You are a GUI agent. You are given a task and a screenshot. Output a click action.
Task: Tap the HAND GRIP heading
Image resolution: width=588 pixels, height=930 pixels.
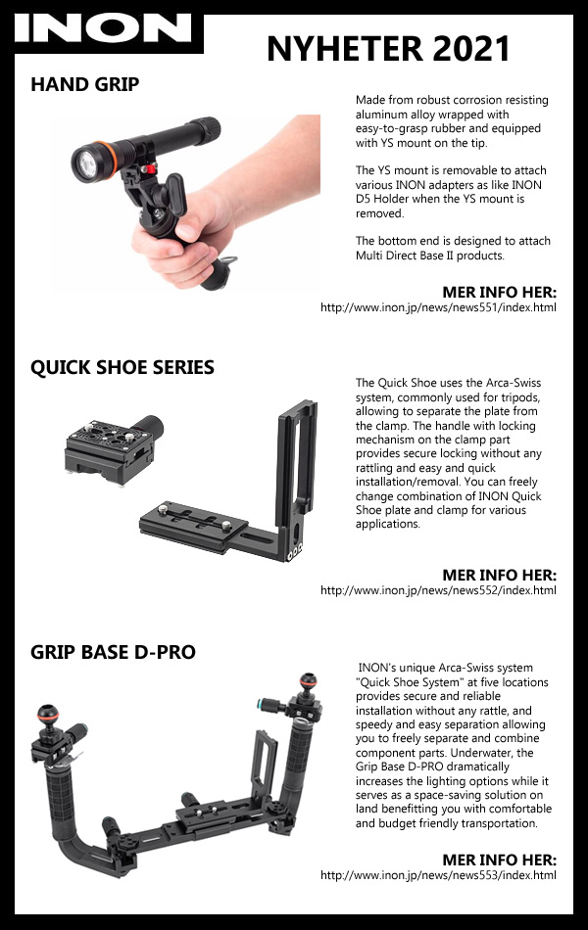point(85,84)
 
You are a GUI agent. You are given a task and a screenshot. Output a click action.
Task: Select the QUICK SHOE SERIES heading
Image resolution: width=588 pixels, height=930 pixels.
point(122,367)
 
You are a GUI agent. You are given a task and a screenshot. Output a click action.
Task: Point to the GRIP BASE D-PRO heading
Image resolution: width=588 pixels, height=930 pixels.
point(113,652)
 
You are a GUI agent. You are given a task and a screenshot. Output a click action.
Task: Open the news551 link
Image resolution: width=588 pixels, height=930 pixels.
point(438,307)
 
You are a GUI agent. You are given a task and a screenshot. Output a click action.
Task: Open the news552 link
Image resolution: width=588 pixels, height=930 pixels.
point(438,590)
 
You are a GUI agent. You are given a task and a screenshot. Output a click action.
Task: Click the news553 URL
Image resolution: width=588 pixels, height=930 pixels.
point(438,875)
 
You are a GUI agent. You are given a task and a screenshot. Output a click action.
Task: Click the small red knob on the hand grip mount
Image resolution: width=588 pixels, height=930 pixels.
point(150,169)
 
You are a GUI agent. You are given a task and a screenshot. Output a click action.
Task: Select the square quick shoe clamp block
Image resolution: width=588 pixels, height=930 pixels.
point(110,450)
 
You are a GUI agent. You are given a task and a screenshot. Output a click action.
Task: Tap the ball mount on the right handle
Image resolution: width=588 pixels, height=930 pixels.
point(308,681)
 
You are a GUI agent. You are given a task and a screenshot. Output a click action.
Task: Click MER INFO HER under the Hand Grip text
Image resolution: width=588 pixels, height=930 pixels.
point(500,293)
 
